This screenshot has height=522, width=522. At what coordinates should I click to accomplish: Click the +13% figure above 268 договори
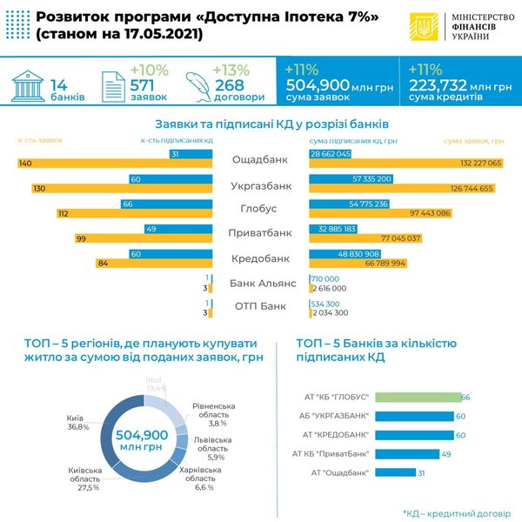234,69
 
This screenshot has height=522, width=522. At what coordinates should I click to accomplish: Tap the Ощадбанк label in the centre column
260,159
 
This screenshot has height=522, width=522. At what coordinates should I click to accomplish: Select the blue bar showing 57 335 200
351,178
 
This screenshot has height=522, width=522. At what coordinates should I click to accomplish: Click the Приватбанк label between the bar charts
260,234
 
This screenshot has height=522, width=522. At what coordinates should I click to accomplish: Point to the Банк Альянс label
261,283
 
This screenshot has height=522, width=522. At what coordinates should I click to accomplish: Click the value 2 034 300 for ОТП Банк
329,312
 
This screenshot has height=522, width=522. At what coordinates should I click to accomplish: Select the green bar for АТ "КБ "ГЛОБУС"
416,397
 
